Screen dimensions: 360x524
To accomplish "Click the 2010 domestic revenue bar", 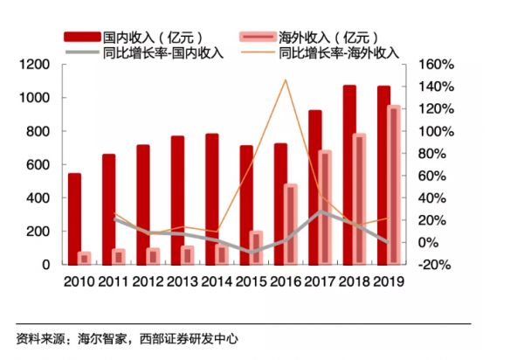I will tap(74, 218).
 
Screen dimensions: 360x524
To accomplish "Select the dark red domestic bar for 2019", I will tap(383, 175).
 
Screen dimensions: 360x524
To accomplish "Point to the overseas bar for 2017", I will tap(325, 207).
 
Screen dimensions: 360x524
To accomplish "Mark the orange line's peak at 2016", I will tap(285, 80).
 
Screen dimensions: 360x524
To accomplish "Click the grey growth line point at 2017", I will tap(321, 211).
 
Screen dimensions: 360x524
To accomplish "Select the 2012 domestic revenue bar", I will tap(142, 204).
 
